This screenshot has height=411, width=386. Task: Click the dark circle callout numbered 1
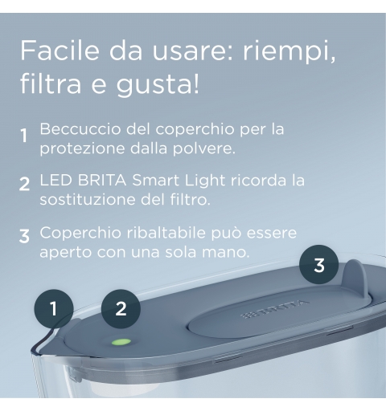[54, 309]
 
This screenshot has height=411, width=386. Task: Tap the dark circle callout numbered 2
[121, 309]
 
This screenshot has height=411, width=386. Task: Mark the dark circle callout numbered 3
[319, 265]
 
